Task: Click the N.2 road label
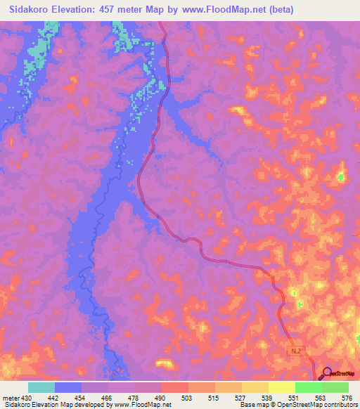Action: pos(297,349)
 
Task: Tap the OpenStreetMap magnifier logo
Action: pos(327,372)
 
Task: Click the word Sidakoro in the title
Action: pos(32,10)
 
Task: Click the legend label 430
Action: pos(27,397)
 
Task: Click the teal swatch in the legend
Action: pos(41,387)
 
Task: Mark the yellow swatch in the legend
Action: pos(282,387)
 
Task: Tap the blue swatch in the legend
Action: pos(68,387)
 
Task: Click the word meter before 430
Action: pos(10,397)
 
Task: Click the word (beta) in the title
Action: pos(277,10)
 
